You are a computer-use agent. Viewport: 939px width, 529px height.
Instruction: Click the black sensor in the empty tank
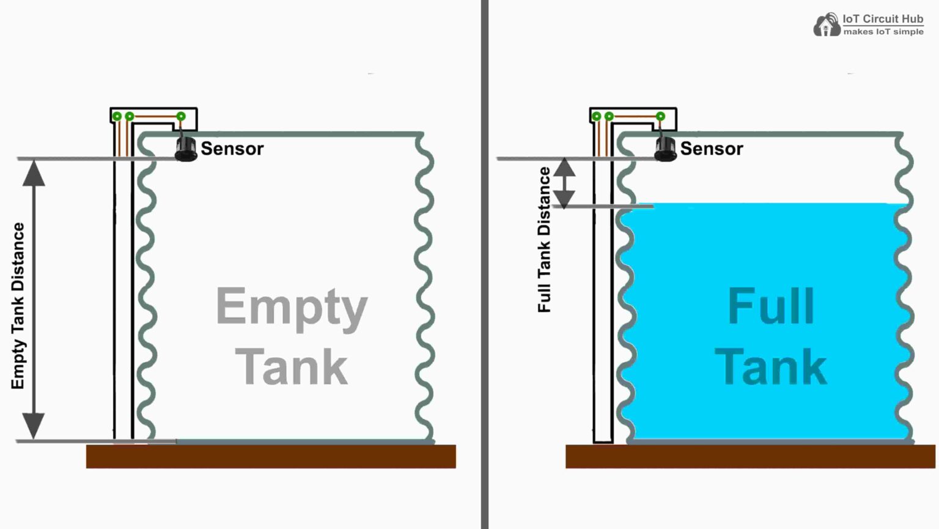click(186, 149)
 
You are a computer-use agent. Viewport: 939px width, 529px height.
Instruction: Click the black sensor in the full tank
click(666, 149)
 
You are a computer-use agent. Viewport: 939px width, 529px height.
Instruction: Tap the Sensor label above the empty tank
click(232, 149)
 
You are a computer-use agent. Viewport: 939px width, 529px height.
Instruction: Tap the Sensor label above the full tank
click(712, 149)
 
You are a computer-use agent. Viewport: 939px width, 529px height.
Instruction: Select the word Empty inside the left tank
click(292, 308)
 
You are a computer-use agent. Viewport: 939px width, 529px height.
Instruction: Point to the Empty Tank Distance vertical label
click(18, 306)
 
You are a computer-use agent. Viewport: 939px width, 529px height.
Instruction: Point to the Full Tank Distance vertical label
click(544, 240)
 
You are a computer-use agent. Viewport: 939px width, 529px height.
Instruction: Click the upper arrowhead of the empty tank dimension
click(34, 174)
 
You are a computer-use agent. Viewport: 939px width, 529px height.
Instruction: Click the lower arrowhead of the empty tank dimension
click(34, 425)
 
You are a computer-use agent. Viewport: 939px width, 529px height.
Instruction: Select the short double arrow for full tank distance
click(564, 183)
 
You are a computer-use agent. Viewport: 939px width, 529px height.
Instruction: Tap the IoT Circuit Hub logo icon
click(827, 25)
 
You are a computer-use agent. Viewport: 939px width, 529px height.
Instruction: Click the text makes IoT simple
click(883, 32)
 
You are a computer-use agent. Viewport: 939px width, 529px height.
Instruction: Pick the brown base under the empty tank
click(271, 456)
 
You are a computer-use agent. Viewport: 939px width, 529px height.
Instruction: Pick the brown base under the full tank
click(750, 456)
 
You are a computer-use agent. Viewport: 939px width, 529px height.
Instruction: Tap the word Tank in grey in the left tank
click(292, 367)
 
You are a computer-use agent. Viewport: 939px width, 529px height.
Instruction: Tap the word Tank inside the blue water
click(771, 367)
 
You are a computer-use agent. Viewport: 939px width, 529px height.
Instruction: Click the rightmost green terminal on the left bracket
click(181, 116)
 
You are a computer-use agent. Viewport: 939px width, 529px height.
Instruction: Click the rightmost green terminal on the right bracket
click(660, 116)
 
